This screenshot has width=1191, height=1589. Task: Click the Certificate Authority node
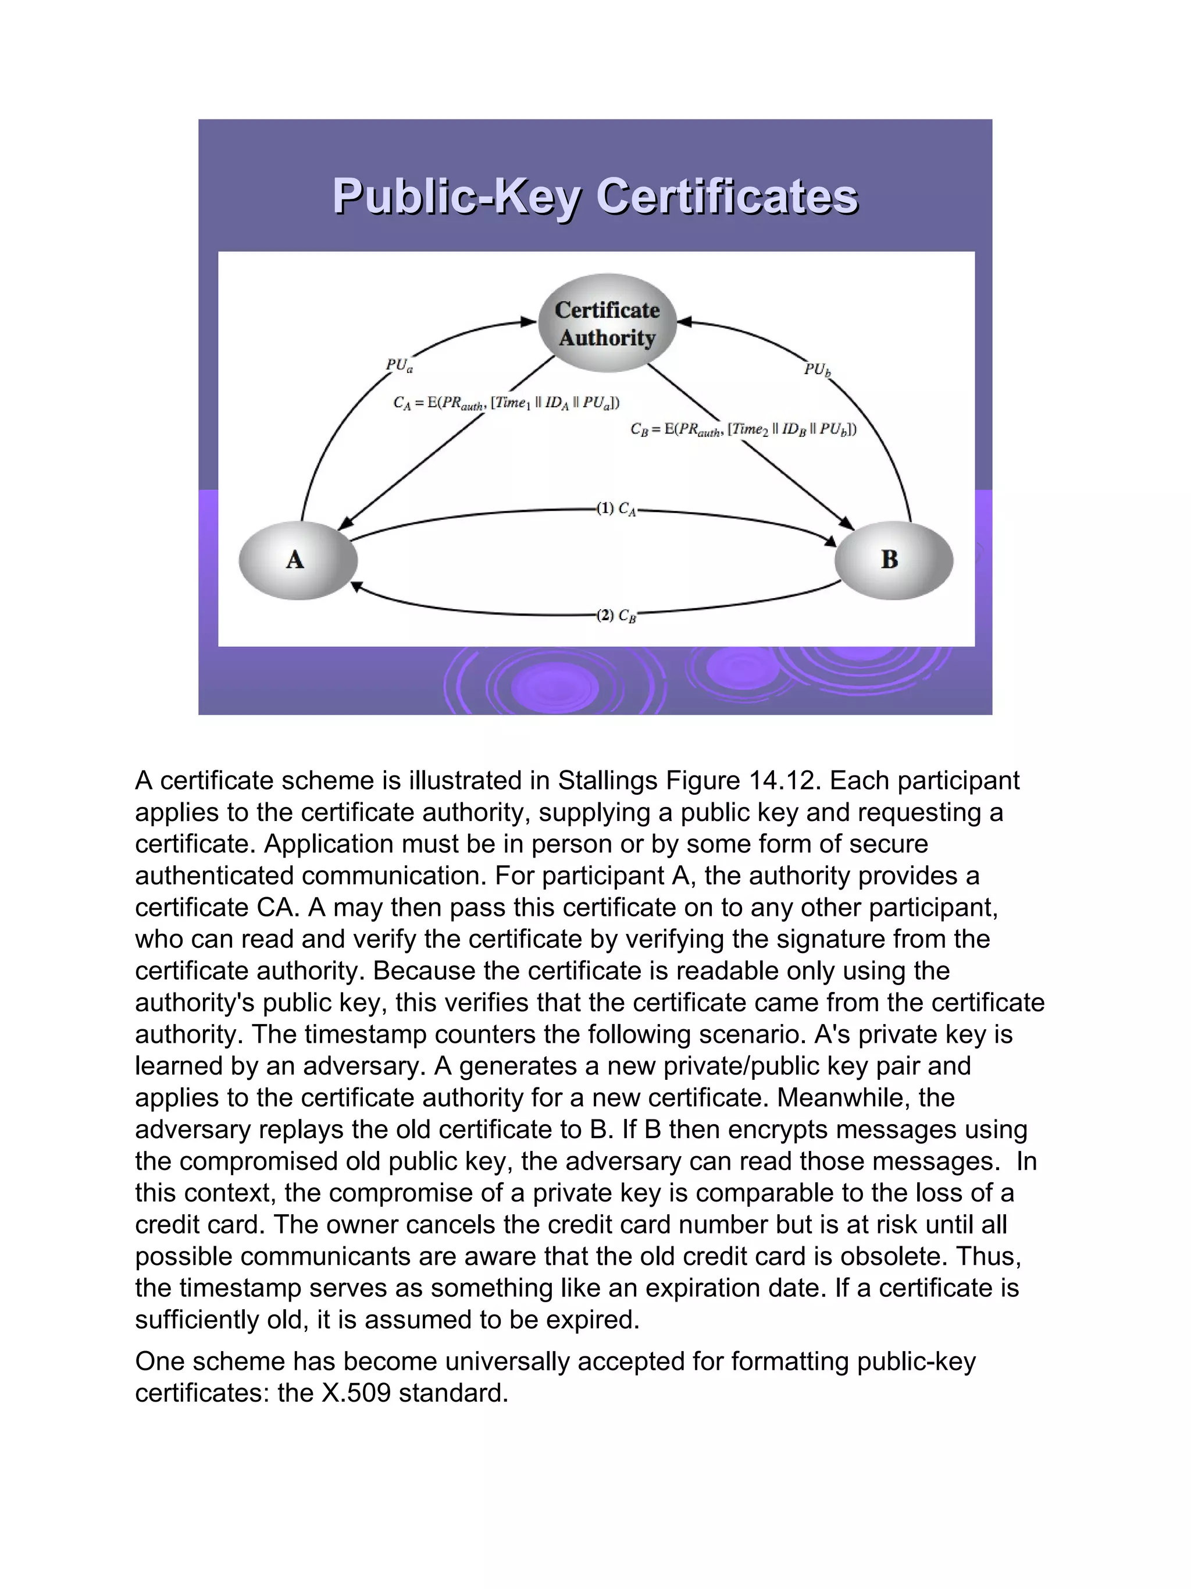(x=607, y=324)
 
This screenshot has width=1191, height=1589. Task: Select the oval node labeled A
(x=297, y=560)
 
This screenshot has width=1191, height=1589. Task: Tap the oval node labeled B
(x=894, y=560)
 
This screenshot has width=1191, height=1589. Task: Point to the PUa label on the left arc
(x=399, y=365)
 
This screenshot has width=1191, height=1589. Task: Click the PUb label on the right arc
(x=817, y=369)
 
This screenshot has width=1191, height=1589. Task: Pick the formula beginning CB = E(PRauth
(x=743, y=429)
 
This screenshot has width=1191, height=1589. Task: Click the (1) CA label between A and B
(x=616, y=509)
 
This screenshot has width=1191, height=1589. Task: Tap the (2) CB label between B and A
(x=616, y=616)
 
